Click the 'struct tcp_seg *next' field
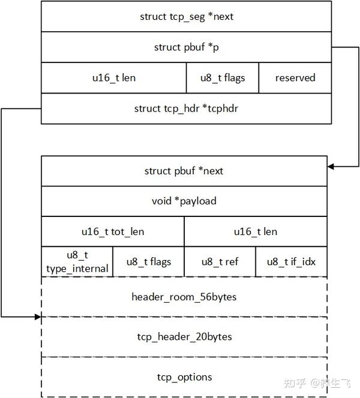(x=186, y=16)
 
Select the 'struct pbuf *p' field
(x=186, y=47)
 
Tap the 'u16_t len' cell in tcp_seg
(x=113, y=78)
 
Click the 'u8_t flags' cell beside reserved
(x=223, y=78)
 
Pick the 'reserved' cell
(x=295, y=78)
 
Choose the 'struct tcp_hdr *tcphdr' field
(x=186, y=108)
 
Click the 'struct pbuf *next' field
(x=184, y=171)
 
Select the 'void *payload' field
(x=184, y=201)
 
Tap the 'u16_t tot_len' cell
(x=113, y=231)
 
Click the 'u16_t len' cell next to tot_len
(x=256, y=231)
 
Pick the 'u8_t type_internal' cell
(x=77, y=262)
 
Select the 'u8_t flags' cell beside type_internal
(x=148, y=262)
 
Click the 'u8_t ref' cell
(x=220, y=262)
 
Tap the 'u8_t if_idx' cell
(x=291, y=262)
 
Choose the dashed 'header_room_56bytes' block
(x=184, y=297)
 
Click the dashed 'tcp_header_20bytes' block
(x=184, y=336)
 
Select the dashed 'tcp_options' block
(x=184, y=376)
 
